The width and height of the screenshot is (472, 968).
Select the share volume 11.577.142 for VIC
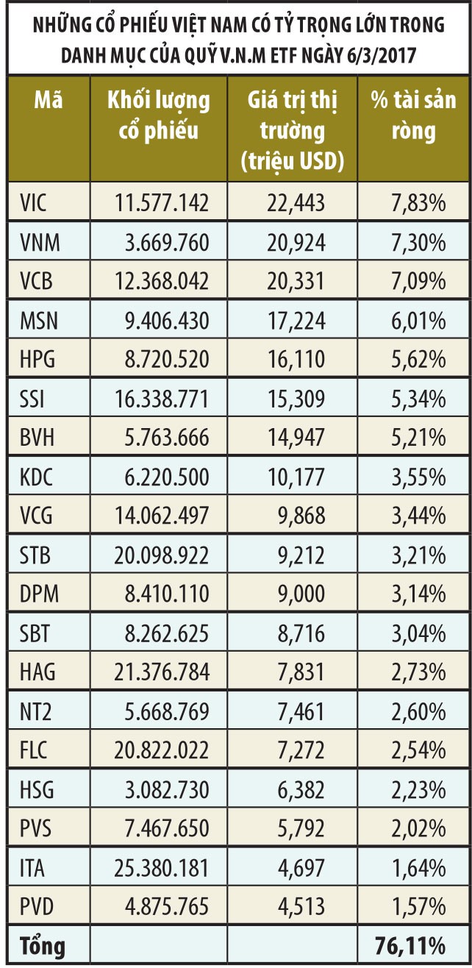coord(162,202)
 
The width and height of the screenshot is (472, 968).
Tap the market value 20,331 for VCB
coord(294,281)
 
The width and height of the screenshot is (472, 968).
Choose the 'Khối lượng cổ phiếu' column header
coord(159,115)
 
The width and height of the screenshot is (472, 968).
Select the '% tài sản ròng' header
coord(413,115)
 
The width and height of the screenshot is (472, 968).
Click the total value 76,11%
coord(409,946)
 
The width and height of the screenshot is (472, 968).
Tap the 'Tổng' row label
coord(43,946)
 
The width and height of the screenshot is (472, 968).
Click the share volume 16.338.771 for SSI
coord(162,399)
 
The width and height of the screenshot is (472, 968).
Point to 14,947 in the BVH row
coord(294,438)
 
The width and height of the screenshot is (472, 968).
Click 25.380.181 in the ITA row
coord(162,869)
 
